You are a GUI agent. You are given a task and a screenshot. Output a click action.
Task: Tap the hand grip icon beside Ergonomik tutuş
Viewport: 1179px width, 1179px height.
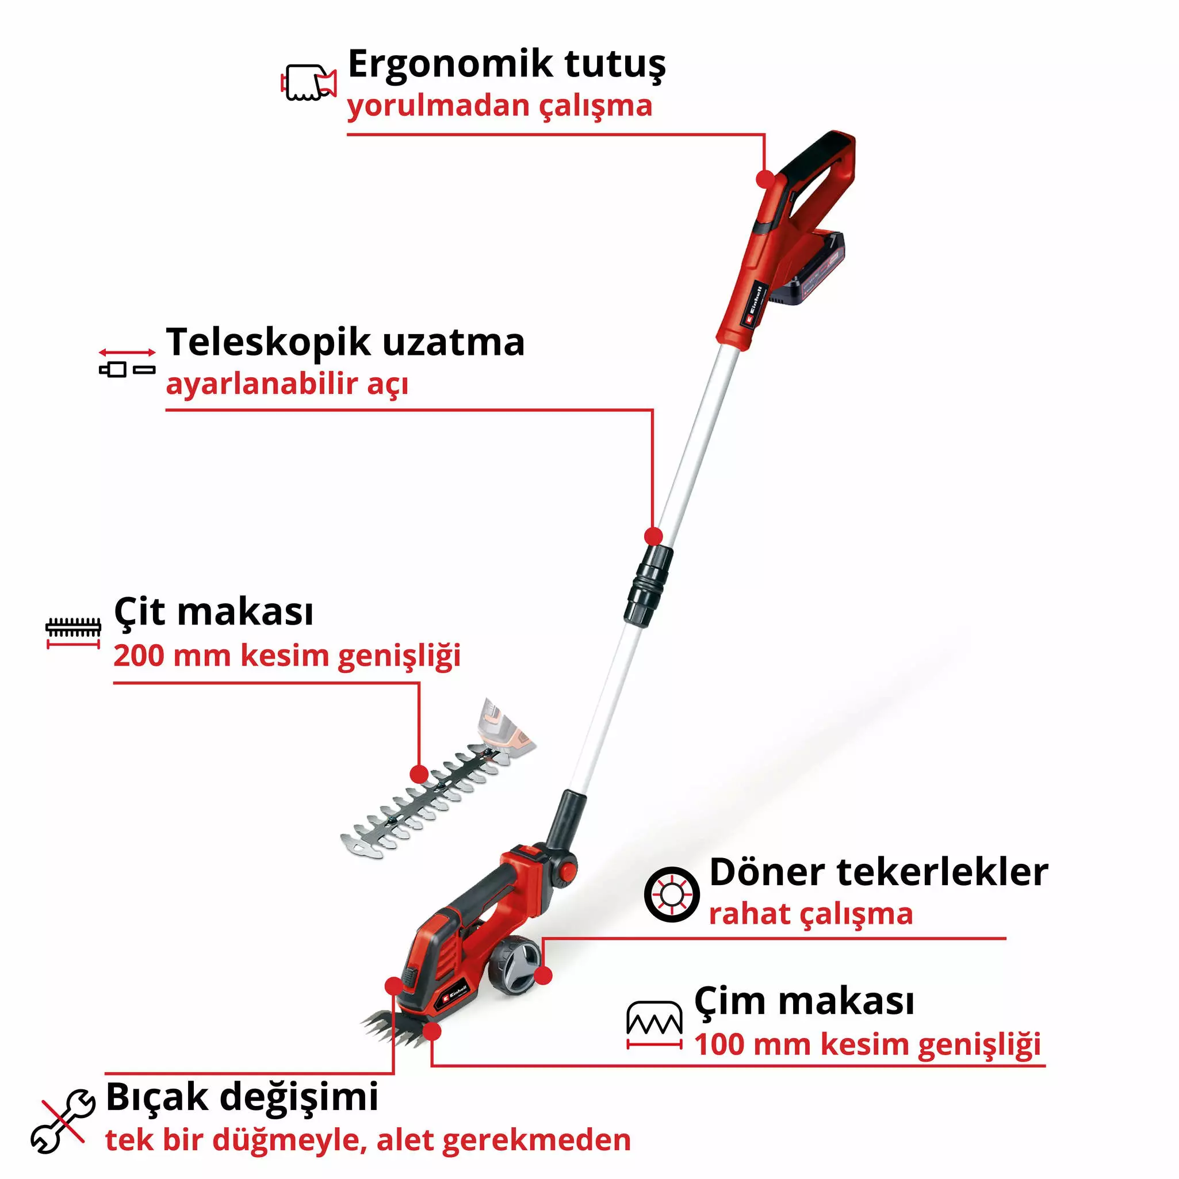(309, 83)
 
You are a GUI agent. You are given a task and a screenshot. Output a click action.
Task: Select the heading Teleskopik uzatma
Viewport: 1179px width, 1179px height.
(346, 342)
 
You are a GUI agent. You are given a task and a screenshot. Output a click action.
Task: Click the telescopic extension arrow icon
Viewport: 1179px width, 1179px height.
(127, 362)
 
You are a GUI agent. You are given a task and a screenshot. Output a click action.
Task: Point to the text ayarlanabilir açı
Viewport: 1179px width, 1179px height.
(287, 384)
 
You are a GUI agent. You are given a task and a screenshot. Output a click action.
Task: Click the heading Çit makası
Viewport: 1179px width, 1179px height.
(213, 612)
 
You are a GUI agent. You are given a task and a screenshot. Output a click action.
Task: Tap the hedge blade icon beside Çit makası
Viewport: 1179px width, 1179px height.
(73, 631)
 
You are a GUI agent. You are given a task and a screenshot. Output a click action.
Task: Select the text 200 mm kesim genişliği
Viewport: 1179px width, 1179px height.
(287, 656)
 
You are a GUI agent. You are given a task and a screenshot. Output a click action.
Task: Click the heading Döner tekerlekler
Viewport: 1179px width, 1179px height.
(879, 872)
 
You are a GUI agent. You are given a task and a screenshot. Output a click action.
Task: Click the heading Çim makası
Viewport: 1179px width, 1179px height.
(804, 1002)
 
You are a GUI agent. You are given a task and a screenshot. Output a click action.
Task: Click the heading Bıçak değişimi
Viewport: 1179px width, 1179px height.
(242, 1097)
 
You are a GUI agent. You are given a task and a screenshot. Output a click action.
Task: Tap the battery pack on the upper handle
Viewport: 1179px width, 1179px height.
(809, 269)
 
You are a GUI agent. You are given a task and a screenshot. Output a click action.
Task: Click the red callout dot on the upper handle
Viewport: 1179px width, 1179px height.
(765, 179)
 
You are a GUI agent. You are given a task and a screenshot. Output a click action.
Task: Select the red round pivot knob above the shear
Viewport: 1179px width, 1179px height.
(568, 869)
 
